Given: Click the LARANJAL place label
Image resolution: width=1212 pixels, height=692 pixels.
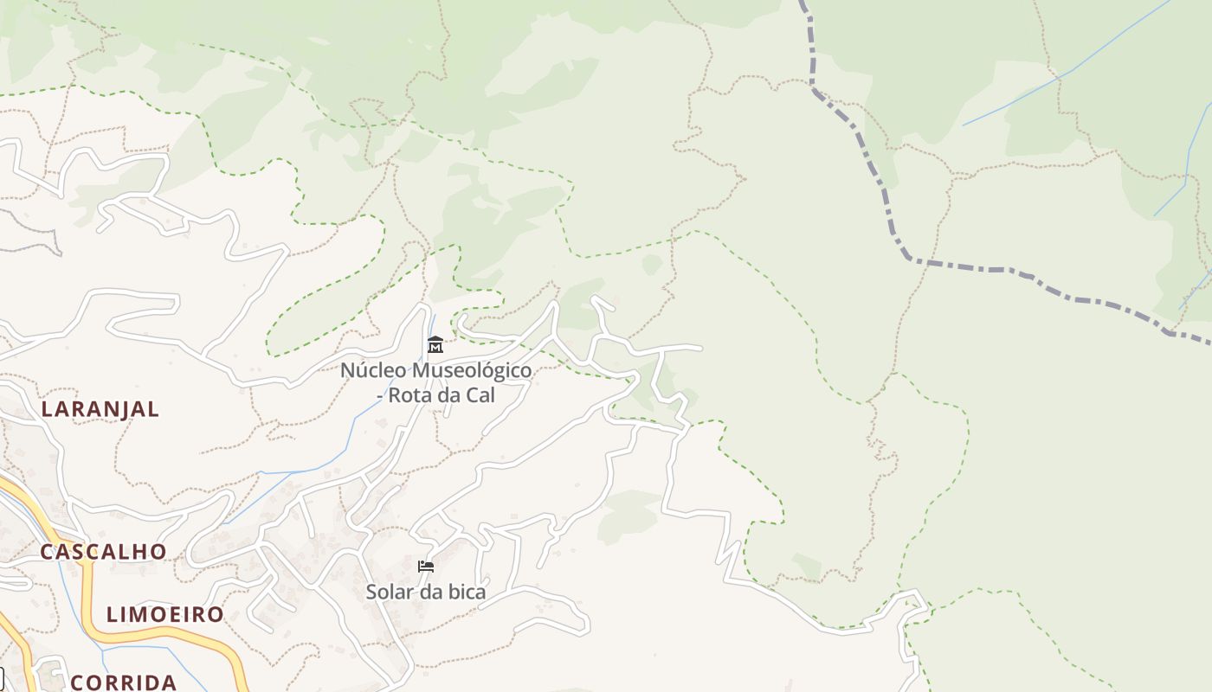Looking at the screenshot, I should tap(100, 409).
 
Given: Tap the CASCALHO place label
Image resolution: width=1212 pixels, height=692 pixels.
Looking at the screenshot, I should tap(104, 552).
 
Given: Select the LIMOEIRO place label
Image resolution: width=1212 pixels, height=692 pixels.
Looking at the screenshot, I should tap(164, 615).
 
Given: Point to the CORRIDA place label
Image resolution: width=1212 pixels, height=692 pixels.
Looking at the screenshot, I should tap(124, 682).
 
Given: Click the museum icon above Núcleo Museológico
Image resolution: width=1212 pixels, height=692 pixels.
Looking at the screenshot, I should tap(435, 345).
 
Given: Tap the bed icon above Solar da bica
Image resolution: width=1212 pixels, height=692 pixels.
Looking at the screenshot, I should tap(425, 567).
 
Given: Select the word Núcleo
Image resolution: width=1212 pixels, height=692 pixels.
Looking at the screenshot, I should tap(372, 371).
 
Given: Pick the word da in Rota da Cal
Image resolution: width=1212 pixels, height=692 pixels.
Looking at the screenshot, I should tap(448, 395).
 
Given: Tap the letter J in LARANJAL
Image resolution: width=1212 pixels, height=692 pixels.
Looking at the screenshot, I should tap(124, 410).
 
